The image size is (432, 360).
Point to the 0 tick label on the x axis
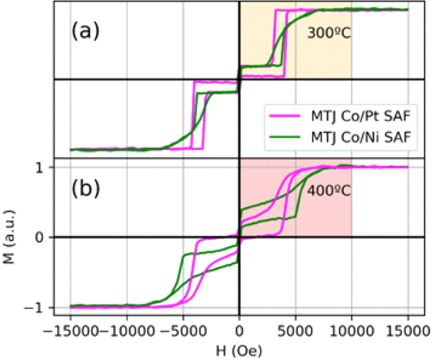239,331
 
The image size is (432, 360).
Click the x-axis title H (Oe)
239,350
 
